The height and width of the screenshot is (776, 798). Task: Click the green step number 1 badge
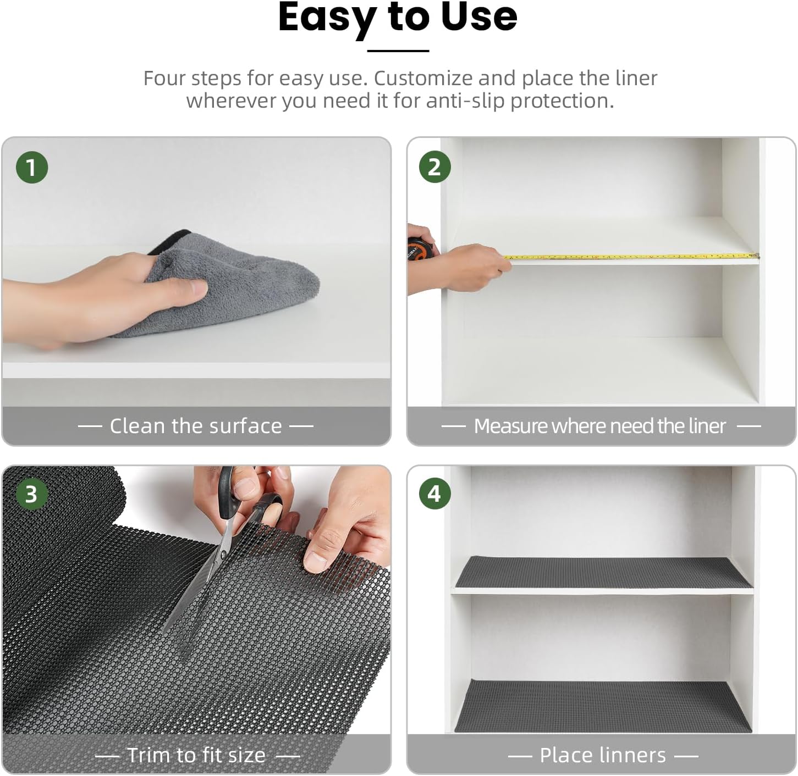31,167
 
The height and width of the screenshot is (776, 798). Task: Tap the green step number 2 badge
434,167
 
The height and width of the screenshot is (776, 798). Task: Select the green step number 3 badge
31,494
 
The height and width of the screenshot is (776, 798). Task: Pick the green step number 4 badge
434,494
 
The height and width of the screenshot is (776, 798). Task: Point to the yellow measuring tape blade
632,256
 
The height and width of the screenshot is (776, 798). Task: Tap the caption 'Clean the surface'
196,426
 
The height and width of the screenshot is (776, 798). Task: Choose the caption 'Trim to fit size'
196,755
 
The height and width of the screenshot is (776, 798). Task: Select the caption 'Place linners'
603,755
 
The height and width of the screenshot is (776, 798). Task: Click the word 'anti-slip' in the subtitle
465,101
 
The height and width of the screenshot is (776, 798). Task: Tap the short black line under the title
398,51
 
